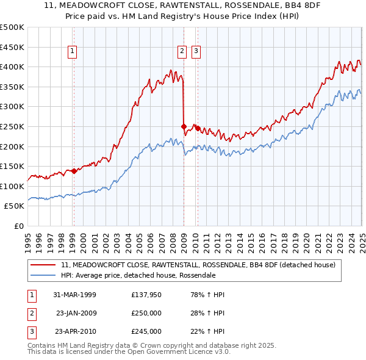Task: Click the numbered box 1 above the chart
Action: coord(73,52)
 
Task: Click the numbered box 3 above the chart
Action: coord(196,52)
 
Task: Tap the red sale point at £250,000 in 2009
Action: coord(184,126)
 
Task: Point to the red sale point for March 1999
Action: coord(74,171)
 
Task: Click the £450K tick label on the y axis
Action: coord(12,47)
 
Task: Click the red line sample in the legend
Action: coord(43,265)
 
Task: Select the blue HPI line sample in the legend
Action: coord(43,275)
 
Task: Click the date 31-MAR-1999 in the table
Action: coord(75,295)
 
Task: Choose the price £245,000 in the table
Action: coord(146,331)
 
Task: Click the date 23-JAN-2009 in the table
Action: coord(76,313)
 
